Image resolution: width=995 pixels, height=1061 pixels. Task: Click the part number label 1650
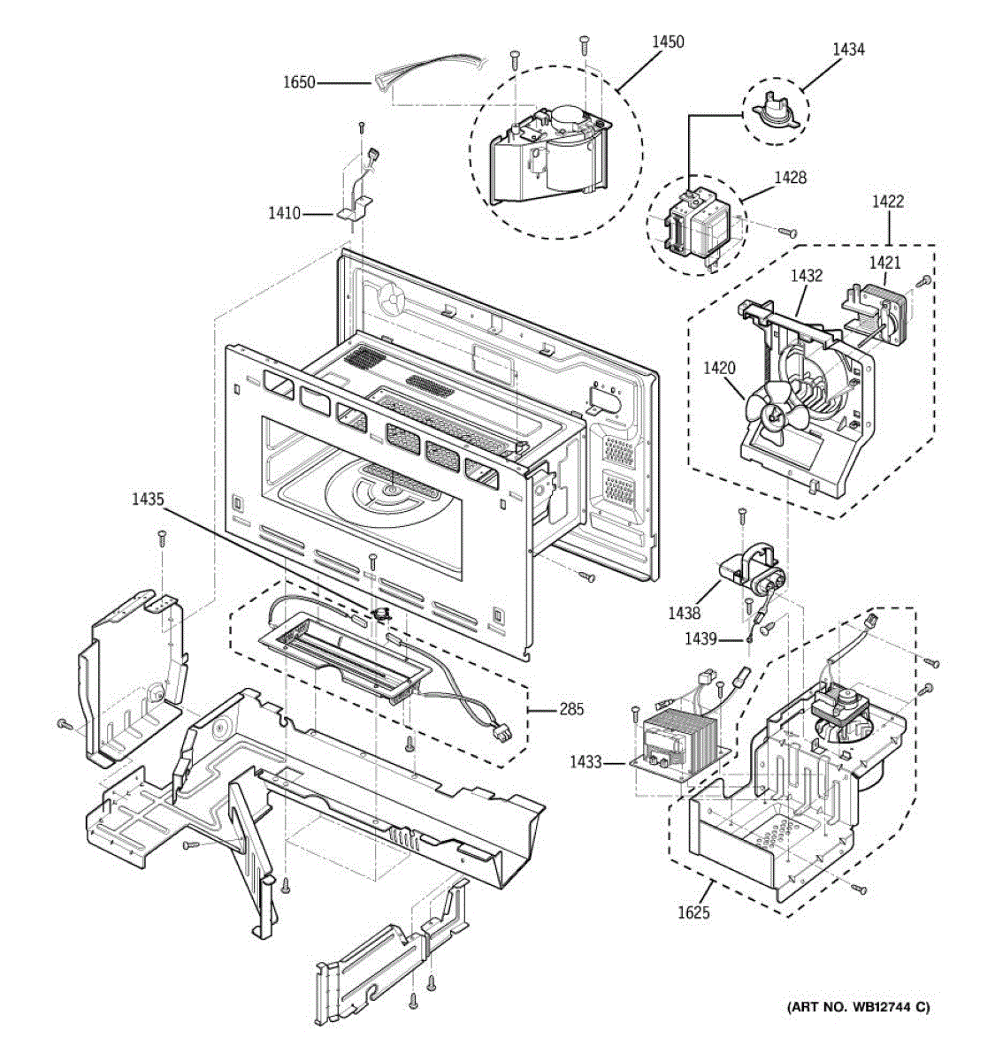click(299, 83)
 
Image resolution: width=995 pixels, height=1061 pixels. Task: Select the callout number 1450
click(668, 42)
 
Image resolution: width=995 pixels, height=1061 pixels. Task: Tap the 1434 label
click(848, 50)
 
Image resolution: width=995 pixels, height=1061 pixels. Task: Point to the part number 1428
click(790, 178)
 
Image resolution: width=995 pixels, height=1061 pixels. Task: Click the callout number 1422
click(887, 202)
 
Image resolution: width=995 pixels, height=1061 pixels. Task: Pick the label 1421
click(884, 262)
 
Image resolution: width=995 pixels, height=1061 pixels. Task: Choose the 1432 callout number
click(806, 275)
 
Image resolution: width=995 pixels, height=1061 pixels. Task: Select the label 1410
click(285, 213)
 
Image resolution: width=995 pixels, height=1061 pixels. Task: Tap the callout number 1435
click(148, 499)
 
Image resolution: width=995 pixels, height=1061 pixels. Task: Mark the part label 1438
click(685, 613)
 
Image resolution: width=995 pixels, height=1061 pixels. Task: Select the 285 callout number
click(571, 708)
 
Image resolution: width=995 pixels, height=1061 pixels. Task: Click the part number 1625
click(693, 912)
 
